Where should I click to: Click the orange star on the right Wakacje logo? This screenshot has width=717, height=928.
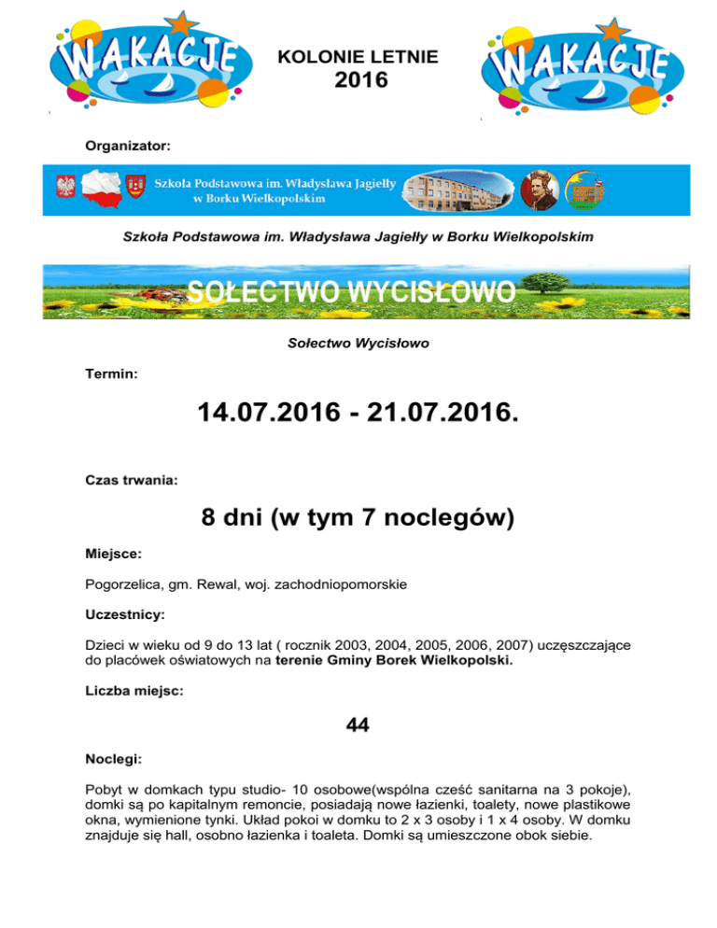611,30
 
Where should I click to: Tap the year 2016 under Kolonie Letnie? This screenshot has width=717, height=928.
358,81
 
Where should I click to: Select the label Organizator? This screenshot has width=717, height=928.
128,146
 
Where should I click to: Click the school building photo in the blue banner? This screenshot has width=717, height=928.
457,190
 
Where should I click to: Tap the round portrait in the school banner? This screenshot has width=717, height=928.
539,190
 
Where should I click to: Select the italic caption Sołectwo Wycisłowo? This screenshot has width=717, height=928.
358,344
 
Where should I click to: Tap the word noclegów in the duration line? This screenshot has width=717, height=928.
460,518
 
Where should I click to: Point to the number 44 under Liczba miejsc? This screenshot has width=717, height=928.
358,724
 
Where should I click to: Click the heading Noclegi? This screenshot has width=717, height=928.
116,759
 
